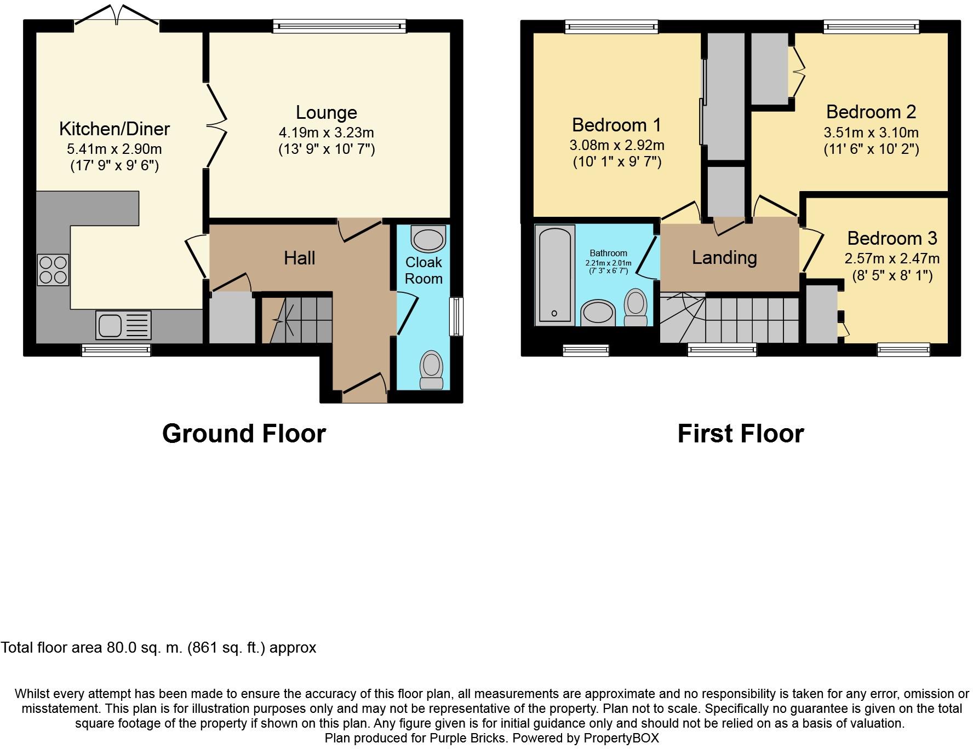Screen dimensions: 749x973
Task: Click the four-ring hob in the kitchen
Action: point(53,270)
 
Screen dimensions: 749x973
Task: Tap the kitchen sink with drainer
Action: point(123,325)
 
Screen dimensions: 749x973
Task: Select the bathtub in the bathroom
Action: point(554,274)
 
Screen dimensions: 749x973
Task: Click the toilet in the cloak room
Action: point(431,370)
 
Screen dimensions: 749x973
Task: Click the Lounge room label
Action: point(326,112)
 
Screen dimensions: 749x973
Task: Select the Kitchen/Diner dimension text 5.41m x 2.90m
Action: point(115,149)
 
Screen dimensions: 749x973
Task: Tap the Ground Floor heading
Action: point(244,434)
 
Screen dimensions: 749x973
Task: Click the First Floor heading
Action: point(740,434)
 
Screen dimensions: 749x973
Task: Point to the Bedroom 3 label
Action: point(892,238)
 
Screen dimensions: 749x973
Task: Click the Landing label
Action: point(724,257)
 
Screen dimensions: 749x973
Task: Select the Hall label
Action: point(299,258)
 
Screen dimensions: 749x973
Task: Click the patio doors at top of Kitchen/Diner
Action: point(117,16)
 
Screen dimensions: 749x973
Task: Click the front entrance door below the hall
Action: point(363,384)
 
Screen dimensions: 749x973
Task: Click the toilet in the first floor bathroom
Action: point(636,308)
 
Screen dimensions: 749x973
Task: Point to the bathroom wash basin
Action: point(597,313)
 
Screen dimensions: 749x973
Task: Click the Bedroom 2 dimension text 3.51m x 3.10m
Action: point(871,132)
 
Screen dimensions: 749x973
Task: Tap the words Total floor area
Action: point(52,648)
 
